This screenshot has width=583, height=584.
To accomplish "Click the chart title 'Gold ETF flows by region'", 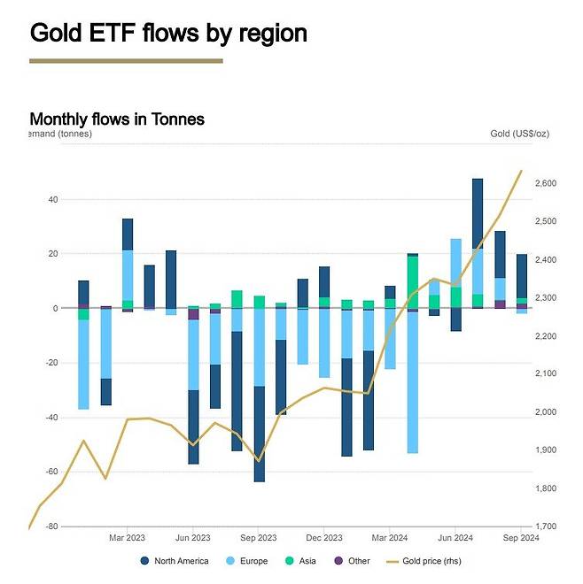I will coord(168,33).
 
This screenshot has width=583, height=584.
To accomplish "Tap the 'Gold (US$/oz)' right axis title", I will coord(519,134).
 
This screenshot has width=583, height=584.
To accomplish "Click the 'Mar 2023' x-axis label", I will coord(127,537).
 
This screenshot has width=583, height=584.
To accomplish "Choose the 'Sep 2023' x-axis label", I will coord(259,537).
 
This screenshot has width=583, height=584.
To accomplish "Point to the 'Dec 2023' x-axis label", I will coord(324,537).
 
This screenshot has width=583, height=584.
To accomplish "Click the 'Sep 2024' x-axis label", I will coord(521,537).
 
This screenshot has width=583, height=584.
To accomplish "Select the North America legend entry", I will coord(175,561).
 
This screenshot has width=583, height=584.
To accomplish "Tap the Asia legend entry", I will coord(300,561).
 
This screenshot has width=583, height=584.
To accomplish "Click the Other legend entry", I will coord(352,561).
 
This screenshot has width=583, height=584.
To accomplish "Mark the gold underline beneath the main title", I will coord(126,61).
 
